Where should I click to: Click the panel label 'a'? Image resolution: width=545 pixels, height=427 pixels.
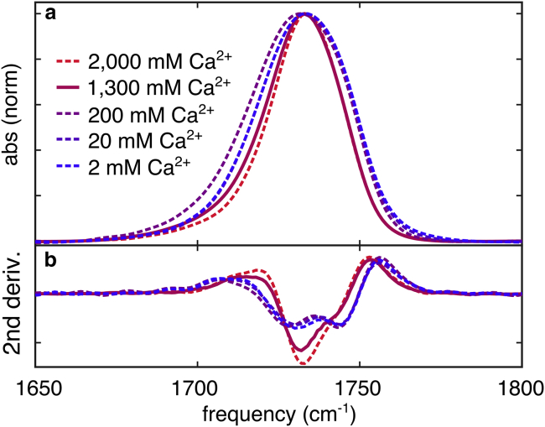(x=50, y=15)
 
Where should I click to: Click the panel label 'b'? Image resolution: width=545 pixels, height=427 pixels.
(x=50, y=259)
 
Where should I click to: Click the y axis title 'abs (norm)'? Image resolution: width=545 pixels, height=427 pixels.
(x=12, y=123)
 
